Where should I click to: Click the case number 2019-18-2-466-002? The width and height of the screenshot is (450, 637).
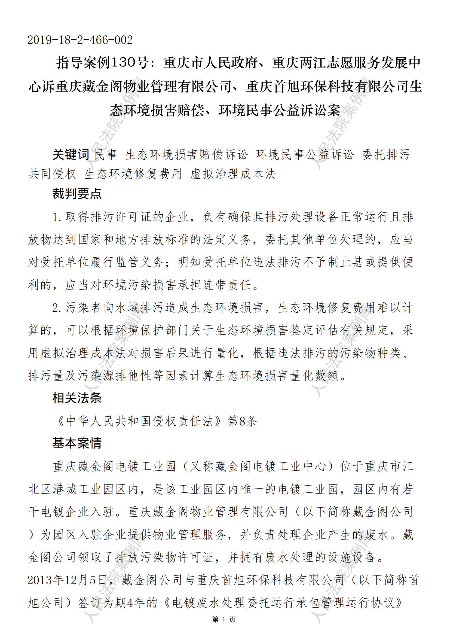[x=80, y=40]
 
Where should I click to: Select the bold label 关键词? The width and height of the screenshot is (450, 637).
[x=71, y=154]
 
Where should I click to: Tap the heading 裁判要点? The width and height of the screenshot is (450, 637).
[x=77, y=193]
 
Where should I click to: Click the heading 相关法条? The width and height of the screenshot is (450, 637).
[x=77, y=398]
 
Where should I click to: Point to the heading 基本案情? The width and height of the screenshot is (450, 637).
[x=77, y=443]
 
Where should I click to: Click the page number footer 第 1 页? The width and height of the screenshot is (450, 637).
[x=224, y=619]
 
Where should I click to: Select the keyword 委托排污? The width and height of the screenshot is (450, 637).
[x=386, y=154]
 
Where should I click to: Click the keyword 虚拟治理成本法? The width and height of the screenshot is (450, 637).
[x=233, y=174]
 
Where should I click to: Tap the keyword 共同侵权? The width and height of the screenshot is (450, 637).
[x=52, y=174]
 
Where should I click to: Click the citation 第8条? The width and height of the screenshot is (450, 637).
[x=243, y=421]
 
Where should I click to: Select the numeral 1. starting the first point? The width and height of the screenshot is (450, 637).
[x=57, y=217]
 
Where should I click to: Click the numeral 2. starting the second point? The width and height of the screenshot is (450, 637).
[x=57, y=308]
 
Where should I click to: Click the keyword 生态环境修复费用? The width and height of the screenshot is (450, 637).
[x=133, y=174]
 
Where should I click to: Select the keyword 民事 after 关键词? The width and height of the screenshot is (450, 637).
[x=105, y=154]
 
